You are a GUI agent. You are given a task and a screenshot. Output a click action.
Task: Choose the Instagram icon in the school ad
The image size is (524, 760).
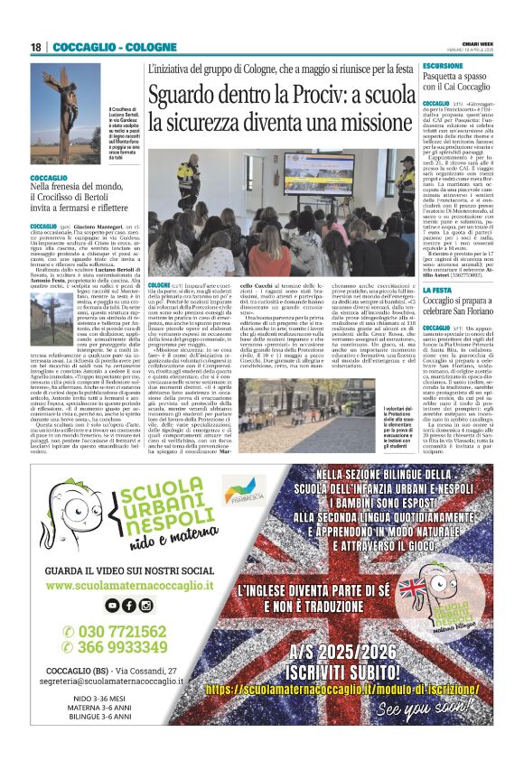pyautogui.click(x=145, y=606)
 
